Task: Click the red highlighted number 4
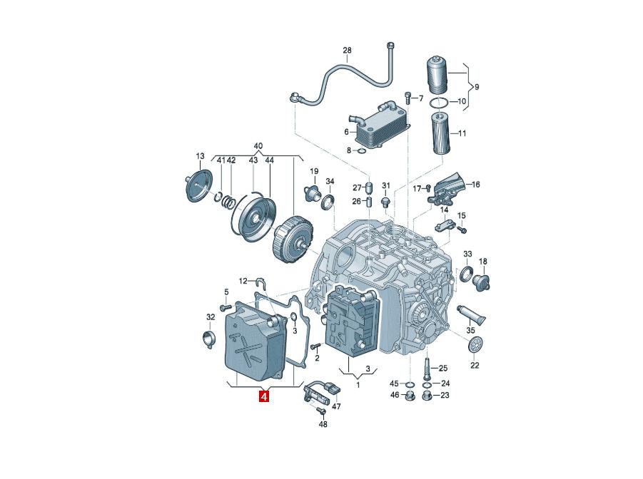point(263,396)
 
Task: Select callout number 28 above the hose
point(347,51)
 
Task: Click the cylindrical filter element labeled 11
point(441,133)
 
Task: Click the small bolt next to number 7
point(407,98)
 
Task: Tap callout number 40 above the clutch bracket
point(258,146)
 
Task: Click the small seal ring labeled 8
point(360,153)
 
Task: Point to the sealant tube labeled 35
point(472,314)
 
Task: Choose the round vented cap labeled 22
point(475,344)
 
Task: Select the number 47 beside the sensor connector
point(336,406)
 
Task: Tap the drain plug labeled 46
point(408,396)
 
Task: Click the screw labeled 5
point(226,307)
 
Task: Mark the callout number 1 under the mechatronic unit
point(358,385)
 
